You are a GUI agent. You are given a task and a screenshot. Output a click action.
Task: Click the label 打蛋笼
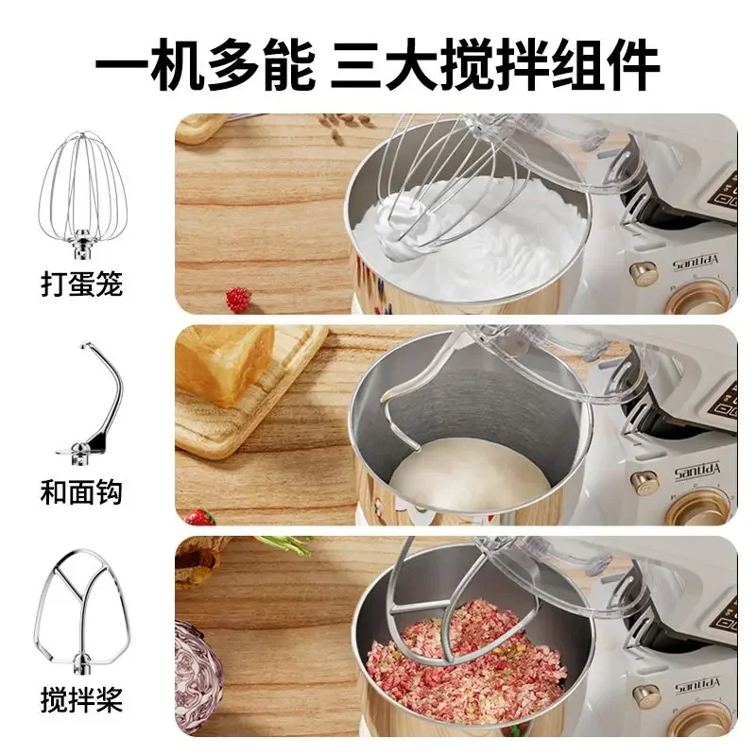tap(82, 283)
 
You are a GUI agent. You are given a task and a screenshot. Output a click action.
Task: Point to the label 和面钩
tap(82, 492)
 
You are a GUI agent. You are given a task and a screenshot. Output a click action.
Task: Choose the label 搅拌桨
tap(82, 700)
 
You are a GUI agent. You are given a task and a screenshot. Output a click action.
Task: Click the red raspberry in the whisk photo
tap(237, 299)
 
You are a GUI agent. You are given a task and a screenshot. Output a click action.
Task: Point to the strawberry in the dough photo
tap(198, 517)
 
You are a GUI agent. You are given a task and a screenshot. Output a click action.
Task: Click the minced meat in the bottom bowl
tap(454, 661)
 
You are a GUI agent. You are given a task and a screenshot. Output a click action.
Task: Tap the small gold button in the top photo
tap(644, 275)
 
